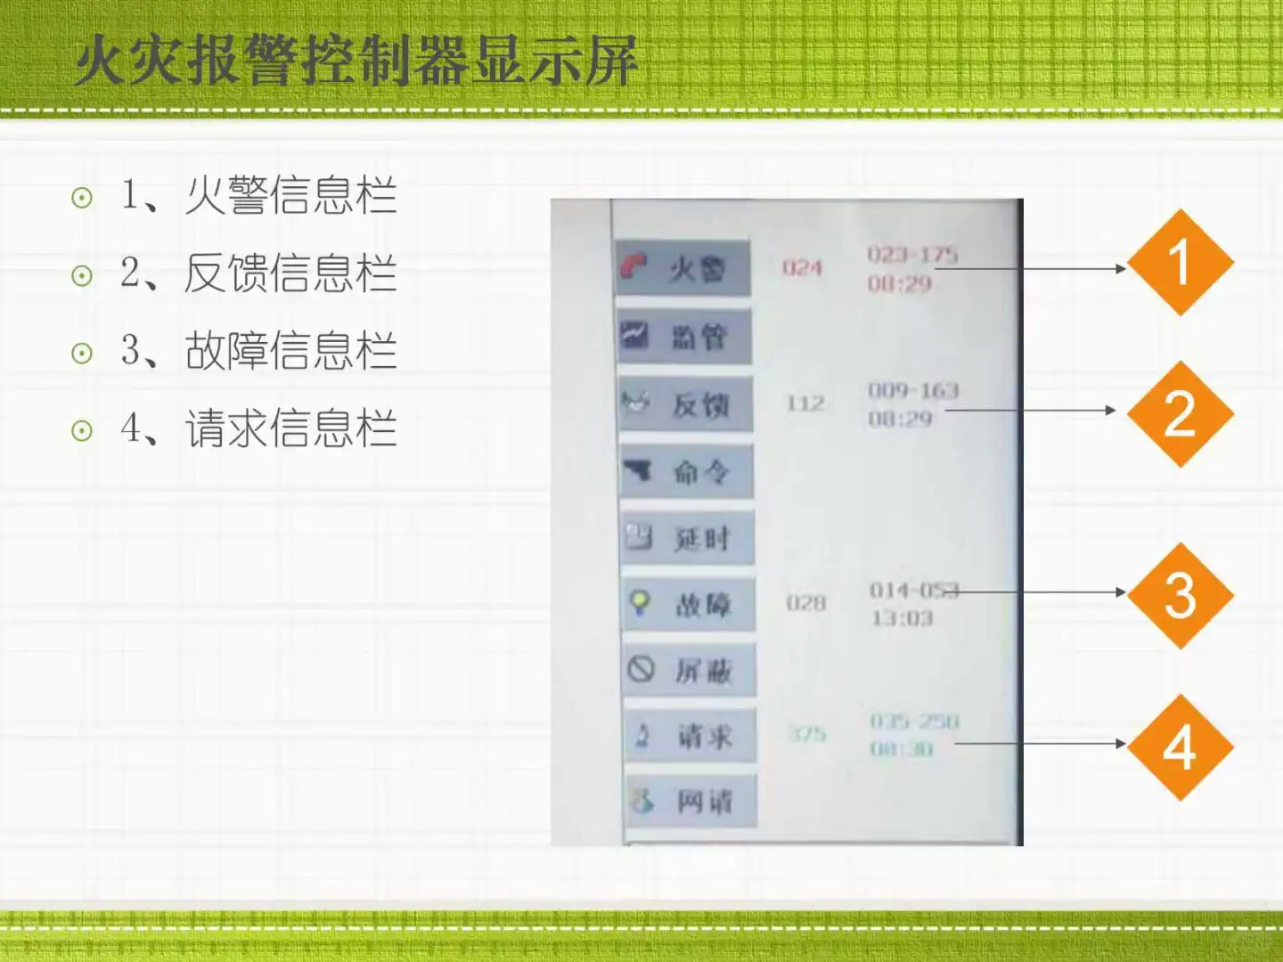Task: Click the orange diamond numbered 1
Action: tap(1180, 263)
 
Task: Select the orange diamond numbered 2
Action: tap(1180, 414)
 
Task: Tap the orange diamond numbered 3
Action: tap(1180, 595)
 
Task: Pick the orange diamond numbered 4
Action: tap(1180, 746)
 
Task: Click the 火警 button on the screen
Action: tap(682, 268)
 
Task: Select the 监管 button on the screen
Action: tap(684, 337)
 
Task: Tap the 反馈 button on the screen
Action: tap(686, 404)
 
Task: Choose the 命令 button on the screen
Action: tap(687, 471)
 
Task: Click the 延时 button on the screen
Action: tap(688, 537)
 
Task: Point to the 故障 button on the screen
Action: tap(689, 604)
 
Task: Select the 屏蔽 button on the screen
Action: tap(690, 670)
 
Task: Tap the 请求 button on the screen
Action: tap(691, 736)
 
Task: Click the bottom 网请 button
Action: tap(691, 802)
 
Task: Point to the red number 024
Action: tap(802, 267)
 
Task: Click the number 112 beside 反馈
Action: tap(805, 404)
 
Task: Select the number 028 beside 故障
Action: tap(806, 603)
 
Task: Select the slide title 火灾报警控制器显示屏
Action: tap(356, 61)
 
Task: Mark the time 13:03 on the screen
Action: tap(902, 618)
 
